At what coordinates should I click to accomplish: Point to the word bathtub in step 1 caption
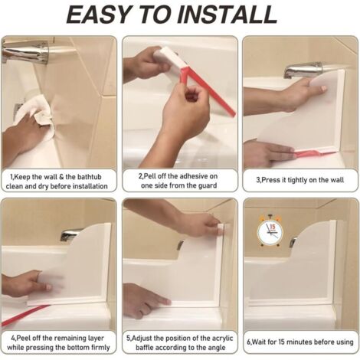(89, 177)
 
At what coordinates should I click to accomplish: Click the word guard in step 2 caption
(207, 185)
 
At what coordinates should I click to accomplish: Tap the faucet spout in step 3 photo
(303, 69)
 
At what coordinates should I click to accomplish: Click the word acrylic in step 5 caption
(222, 338)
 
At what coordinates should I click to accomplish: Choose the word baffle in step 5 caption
(144, 348)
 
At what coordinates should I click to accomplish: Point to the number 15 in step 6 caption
(282, 342)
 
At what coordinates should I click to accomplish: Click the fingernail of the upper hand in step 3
(323, 88)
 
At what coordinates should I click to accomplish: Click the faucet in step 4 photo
(70, 234)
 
